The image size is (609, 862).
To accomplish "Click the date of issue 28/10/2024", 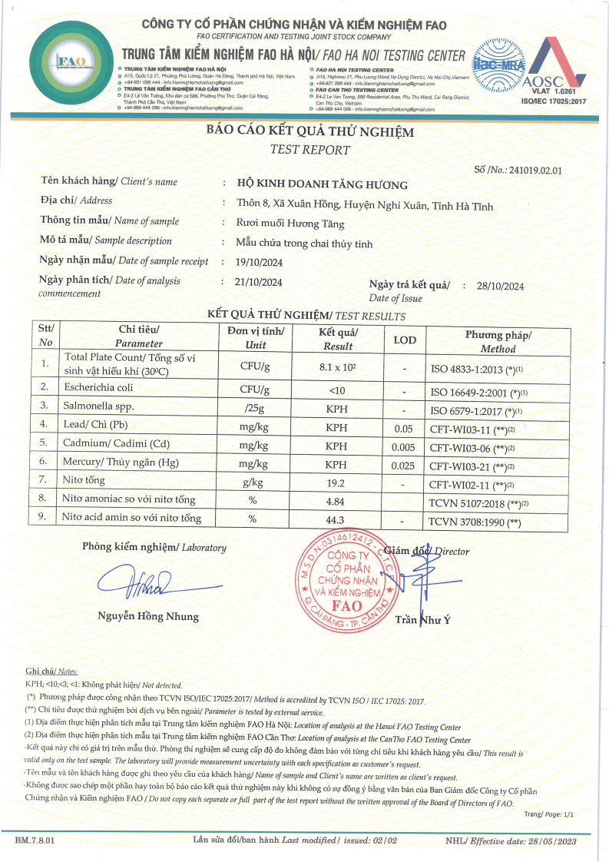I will (500, 286).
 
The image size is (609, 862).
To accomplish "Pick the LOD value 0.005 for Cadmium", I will (404, 444).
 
